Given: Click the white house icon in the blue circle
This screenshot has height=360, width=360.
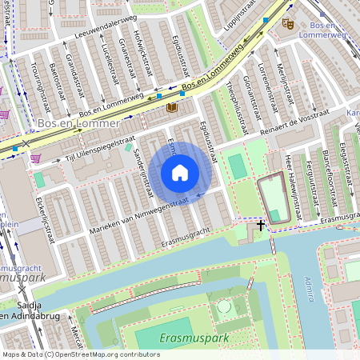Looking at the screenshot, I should [x=180, y=173].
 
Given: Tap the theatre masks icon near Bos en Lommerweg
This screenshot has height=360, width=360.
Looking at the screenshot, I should [x=288, y=24].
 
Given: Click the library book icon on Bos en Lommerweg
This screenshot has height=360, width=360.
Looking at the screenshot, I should [x=171, y=107].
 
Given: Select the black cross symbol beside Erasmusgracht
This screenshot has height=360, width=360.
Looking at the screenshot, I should [x=261, y=226].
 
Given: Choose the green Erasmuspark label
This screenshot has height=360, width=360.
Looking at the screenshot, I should [x=194, y=338].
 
